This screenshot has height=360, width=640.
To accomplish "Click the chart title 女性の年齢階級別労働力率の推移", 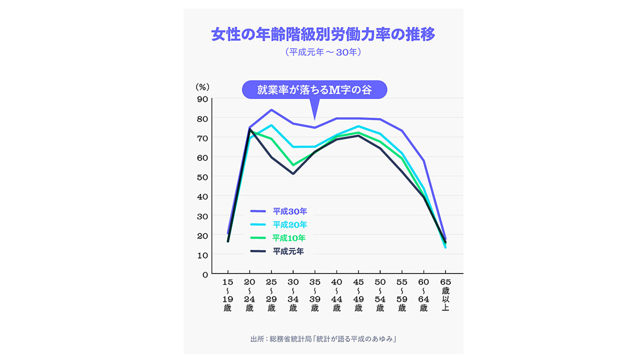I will [323, 35].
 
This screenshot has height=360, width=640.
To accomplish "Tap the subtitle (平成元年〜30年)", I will [323, 52].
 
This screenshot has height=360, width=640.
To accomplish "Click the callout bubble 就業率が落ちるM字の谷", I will [314, 89].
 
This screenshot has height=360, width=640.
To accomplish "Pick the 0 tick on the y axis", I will [204, 274].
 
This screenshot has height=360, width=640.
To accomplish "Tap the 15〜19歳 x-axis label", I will [227, 295].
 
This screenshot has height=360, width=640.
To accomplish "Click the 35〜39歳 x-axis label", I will [314, 295].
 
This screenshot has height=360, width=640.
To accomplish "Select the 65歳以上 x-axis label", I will [445, 295].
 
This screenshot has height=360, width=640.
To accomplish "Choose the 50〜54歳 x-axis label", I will [380, 295].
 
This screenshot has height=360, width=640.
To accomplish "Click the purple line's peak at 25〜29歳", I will [271, 110].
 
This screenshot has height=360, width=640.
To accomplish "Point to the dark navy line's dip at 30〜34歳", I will [293, 173].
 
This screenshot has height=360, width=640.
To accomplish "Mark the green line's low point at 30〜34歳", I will [293, 164].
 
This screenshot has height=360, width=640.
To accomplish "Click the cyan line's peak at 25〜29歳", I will [271, 125].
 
